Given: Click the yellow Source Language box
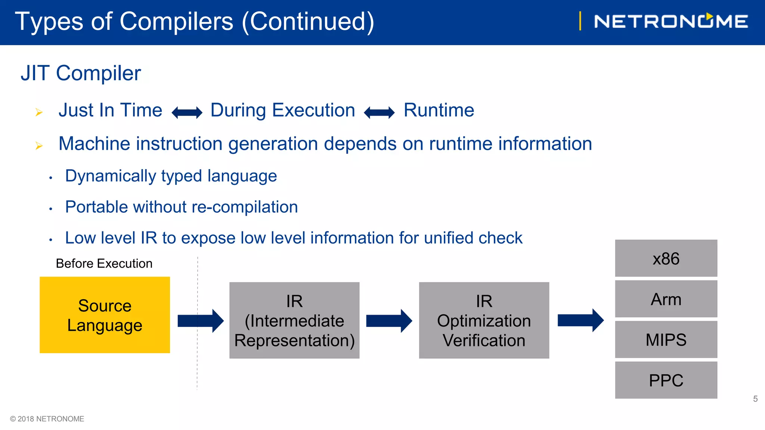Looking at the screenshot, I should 105,315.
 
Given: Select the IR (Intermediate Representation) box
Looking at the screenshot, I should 294,320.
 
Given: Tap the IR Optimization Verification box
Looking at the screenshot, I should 484,320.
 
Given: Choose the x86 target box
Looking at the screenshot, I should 666,258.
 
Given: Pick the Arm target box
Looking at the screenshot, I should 666,299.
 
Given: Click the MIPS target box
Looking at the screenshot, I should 666,340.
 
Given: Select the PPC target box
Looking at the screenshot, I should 666,380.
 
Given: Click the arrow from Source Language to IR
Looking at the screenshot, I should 201,321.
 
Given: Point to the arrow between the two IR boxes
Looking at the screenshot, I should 389,321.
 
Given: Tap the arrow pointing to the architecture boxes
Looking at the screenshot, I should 580,320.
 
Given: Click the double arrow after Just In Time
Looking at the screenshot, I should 187,112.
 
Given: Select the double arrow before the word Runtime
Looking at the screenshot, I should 379,112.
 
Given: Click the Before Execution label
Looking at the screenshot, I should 104,264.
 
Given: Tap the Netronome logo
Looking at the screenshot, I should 670,21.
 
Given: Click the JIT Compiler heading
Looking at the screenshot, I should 81,73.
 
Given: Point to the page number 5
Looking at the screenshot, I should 755,399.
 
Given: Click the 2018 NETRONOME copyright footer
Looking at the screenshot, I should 47,419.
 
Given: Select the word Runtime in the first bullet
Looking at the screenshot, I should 439,110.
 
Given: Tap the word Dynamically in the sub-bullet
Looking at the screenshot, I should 110,176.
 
